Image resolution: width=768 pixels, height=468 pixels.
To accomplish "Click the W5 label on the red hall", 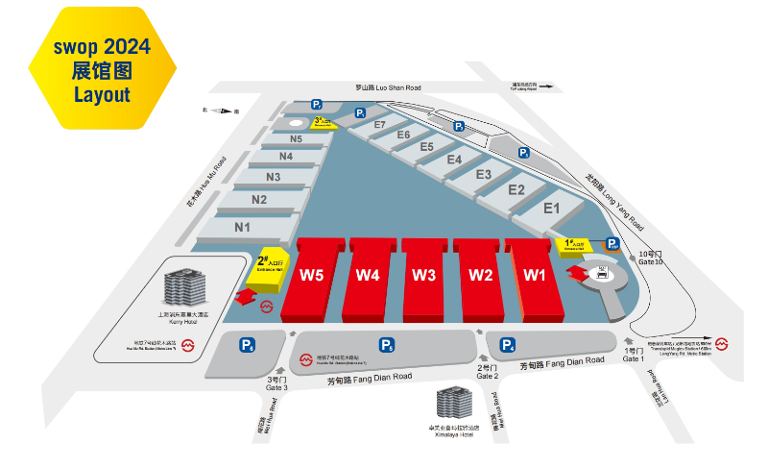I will (x=310, y=275).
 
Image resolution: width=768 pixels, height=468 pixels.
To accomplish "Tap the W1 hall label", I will (x=535, y=275).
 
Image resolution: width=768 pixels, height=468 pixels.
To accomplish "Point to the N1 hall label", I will (x=242, y=228).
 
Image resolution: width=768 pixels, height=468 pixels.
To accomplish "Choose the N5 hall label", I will (x=296, y=138).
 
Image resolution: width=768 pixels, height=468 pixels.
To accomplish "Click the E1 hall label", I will (x=551, y=208).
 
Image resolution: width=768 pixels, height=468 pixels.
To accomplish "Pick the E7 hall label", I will (x=379, y=125).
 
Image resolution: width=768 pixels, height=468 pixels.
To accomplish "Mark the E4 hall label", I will (x=454, y=160).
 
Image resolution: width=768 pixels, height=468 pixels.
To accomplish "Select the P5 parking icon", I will (x=387, y=345).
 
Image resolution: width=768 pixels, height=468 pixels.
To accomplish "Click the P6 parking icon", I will (x=248, y=345).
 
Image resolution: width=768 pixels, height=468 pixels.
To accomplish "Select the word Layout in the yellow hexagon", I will (x=102, y=95).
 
